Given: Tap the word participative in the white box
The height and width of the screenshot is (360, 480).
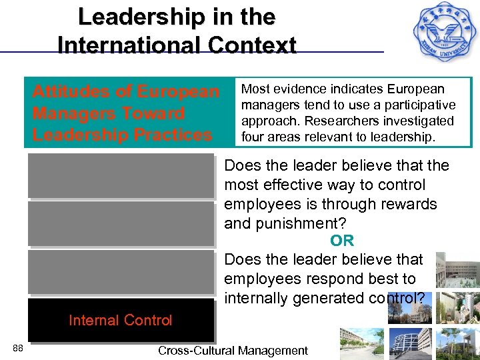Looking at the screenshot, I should click(x=423, y=105).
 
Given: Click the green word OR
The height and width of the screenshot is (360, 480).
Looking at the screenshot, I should click(x=342, y=241).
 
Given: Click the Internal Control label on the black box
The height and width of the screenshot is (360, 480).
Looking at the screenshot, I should click(x=120, y=321).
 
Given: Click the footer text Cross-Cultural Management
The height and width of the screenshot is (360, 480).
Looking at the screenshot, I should click(x=233, y=351).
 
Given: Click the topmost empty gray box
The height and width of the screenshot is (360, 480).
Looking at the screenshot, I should click(x=121, y=175).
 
